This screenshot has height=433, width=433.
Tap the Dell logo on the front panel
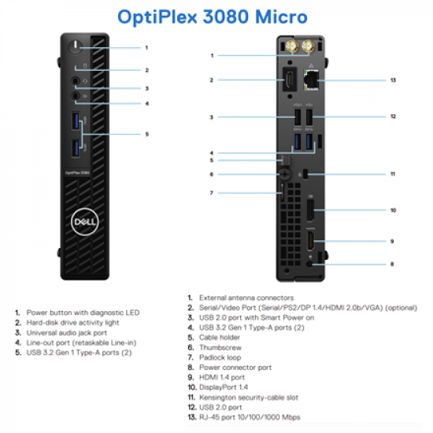(x=81, y=222)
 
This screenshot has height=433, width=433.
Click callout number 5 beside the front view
(x=146, y=135)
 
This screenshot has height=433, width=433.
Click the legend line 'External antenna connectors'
(x=246, y=298)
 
